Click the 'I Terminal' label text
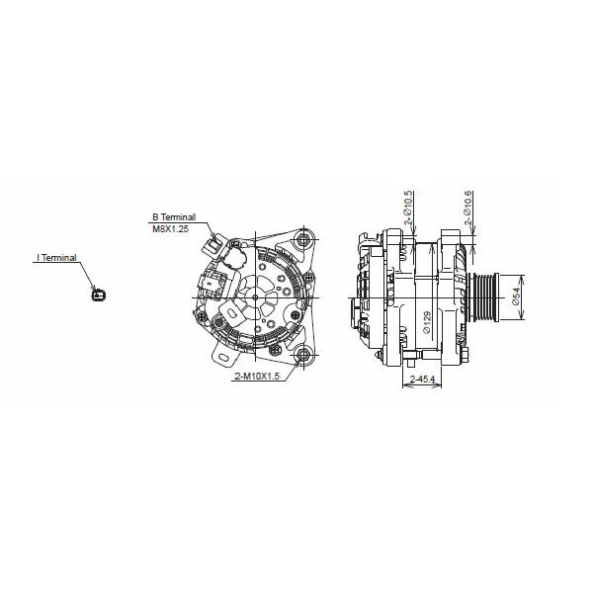click(x=56, y=258)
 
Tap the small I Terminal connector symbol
click(x=99, y=294)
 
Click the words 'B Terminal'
click(x=174, y=217)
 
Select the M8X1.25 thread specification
click(x=170, y=229)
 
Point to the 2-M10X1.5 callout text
click(x=257, y=377)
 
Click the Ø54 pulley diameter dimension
click(x=516, y=296)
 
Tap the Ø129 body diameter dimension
click(x=427, y=322)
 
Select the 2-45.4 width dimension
click(x=422, y=379)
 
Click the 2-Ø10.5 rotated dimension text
click(x=407, y=208)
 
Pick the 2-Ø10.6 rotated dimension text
click(x=467, y=208)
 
